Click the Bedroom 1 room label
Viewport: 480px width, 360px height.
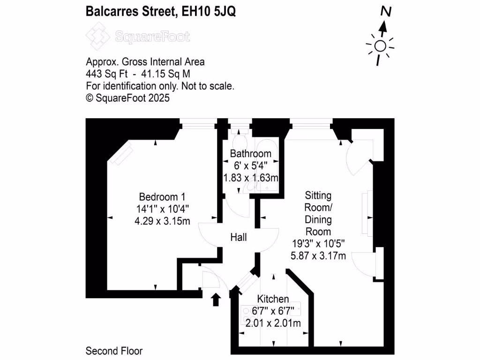pyautogui.click(x=158, y=197)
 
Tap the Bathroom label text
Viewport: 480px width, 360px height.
pyautogui.click(x=250, y=154)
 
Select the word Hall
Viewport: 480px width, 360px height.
pyautogui.click(x=239, y=238)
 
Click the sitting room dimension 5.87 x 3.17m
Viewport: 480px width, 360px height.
pyautogui.click(x=319, y=255)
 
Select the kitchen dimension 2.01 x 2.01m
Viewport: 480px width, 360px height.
pyautogui.click(x=273, y=323)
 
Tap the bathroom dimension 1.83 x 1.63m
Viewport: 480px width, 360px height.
pyautogui.click(x=250, y=178)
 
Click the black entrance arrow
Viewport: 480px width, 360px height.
pyautogui.click(x=216, y=300)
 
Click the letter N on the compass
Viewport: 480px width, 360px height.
pyautogui.click(x=386, y=11)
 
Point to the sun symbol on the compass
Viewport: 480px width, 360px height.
pyautogui.click(x=380, y=46)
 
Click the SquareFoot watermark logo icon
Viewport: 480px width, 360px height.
pyautogui.click(x=97, y=37)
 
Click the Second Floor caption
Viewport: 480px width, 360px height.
pyautogui.click(x=114, y=351)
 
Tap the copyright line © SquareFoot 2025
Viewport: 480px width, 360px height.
pyautogui.click(x=127, y=98)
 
